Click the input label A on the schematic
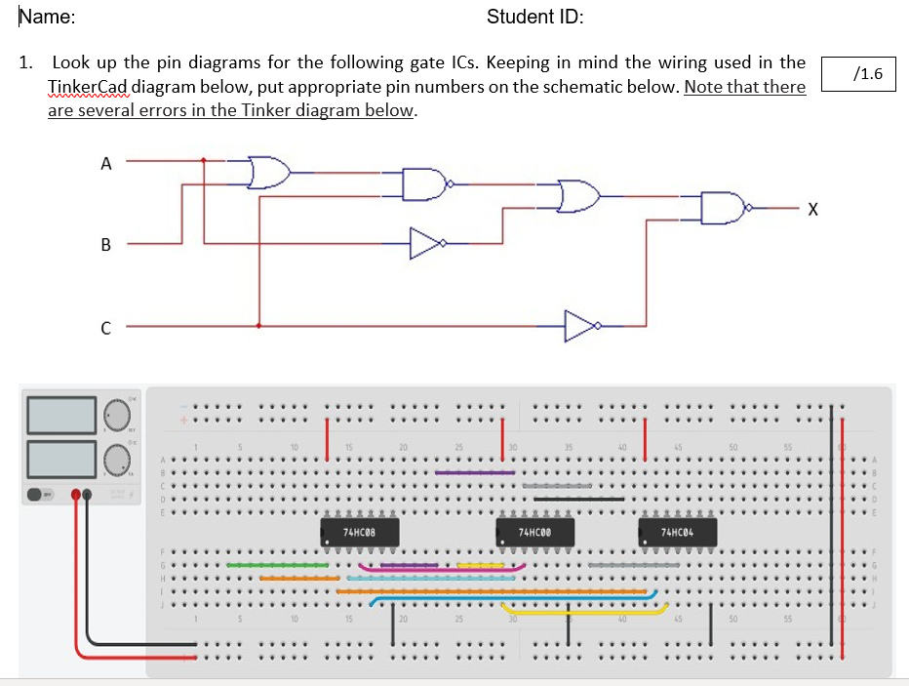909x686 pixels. pos(105,164)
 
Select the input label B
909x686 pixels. pos(105,244)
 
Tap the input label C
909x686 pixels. pos(105,328)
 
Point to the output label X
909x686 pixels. pos(812,210)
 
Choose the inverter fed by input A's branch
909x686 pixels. pos(426,242)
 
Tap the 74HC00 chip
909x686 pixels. pos(538,533)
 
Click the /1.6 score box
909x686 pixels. pos(858,73)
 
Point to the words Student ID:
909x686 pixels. pos(534,18)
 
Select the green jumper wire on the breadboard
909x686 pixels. pos(277,565)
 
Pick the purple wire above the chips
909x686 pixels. pos(475,473)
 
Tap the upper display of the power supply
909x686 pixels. pos(60,415)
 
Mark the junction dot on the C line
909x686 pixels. pos(258,326)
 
